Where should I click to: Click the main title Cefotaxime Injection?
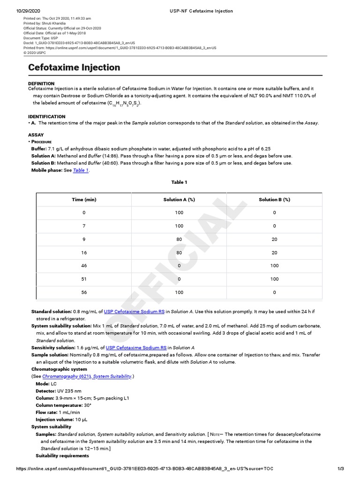74,67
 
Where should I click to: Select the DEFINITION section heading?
41,83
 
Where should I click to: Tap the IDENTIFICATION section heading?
47,116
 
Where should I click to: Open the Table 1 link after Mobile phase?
80,170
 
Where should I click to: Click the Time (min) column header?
84,200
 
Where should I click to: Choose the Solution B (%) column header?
274,200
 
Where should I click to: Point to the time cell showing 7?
84,226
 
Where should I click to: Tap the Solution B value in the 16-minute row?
274,252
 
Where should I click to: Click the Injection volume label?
52,420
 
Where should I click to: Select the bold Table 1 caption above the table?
179,182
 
